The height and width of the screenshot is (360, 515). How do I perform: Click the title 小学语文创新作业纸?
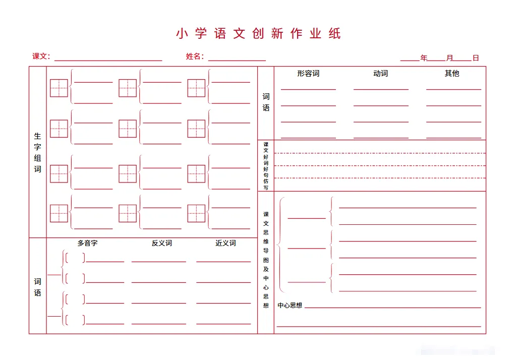258,34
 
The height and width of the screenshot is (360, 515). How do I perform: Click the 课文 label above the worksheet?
40,56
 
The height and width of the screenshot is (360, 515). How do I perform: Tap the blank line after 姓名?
237,59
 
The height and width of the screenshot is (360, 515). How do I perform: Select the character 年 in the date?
424,58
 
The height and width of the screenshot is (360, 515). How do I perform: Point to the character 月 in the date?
449,58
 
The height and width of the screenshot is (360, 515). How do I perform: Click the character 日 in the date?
476,58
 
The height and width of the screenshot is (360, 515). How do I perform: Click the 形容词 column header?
308,74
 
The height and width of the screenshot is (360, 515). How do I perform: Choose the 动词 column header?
380,74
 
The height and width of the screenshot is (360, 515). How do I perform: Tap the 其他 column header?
452,74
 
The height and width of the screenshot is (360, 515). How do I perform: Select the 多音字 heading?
87,243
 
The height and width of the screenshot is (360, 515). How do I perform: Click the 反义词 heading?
161,243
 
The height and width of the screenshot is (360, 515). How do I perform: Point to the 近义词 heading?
225,243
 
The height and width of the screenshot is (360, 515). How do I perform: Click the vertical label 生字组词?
38,152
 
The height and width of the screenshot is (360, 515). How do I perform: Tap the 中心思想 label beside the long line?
290,305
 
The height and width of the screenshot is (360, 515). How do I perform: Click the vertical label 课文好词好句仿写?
266,166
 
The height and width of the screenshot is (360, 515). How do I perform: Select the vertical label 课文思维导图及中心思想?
266,260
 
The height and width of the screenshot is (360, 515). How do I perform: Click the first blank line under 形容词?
308,89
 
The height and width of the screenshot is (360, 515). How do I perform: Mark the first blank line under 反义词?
158,262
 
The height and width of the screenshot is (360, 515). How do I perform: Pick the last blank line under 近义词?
223,323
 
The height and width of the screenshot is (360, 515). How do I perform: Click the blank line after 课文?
108,60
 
